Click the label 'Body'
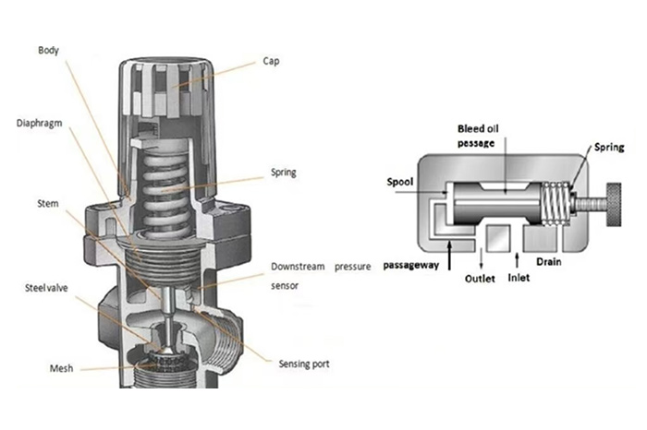pos(50,50)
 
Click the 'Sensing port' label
pos(303,364)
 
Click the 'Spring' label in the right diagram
pos(609,147)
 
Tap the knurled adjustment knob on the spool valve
pos(608,199)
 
